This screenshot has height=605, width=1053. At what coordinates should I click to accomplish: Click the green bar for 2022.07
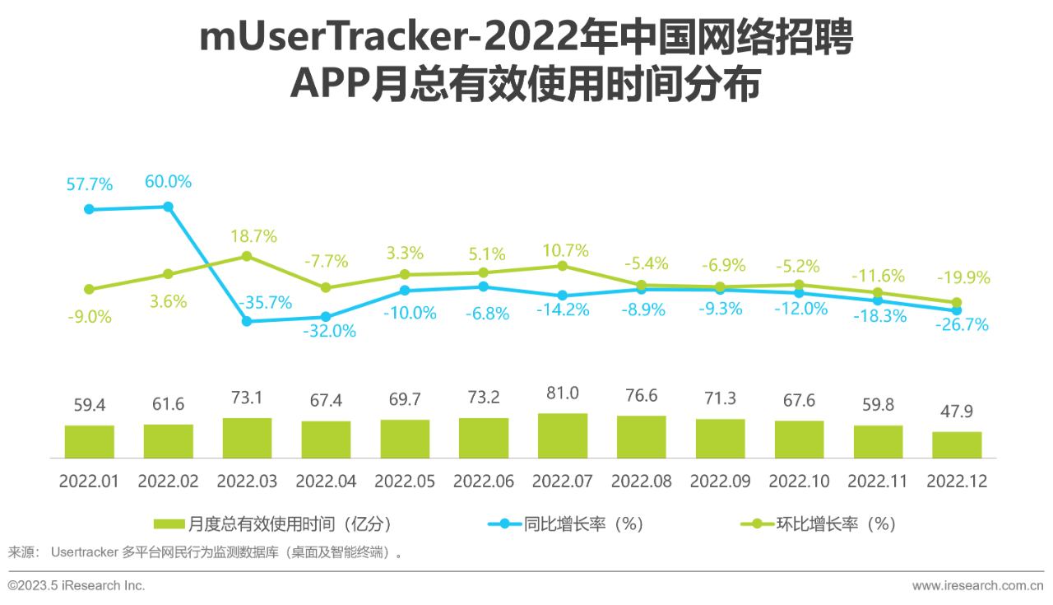pos(563,435)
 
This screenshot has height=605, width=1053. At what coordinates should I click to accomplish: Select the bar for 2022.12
pos(957,444)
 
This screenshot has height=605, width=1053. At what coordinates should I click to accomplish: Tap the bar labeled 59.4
pos(90,441)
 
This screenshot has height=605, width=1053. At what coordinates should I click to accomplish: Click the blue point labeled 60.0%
pos(168,207)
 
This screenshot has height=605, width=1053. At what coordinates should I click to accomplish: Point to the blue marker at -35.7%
pos(247,321)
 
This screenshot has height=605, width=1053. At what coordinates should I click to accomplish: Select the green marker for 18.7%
pos(247,256)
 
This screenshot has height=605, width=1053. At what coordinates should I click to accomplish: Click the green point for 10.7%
pos(563,266)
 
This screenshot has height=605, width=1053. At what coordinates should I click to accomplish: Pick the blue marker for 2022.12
pos(957,310)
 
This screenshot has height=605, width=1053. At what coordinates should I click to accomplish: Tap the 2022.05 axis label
pos(405,482)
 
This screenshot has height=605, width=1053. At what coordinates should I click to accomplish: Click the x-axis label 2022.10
pos(799,482)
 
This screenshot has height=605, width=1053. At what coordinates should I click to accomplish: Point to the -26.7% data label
pos(962,326)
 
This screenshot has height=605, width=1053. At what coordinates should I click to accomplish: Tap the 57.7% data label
pos(90,184)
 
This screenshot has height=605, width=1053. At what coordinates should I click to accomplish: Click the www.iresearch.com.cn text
pos(977,586)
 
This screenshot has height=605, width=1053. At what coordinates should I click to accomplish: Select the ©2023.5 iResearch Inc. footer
pos(77,586)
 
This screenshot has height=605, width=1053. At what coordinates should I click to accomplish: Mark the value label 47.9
pos(957,412)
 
